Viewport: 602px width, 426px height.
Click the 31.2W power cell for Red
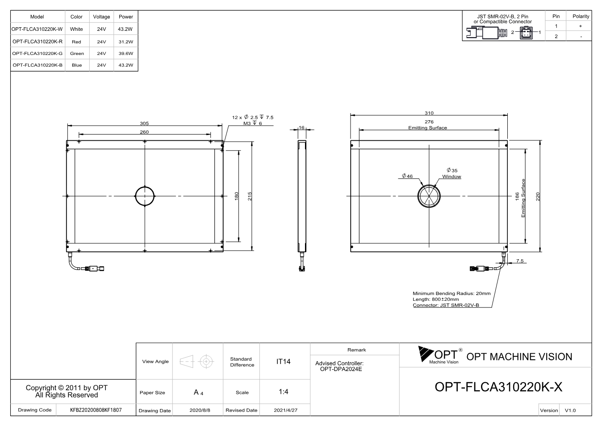[x=126, y=42]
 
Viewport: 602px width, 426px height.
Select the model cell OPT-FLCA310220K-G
[x=38, y=53]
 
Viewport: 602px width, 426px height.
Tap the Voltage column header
[x=101, y=17]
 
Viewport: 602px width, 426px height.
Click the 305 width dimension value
[x=144, y=123]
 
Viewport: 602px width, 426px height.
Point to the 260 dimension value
[x=144, y=132]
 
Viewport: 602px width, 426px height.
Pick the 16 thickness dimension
[x=301, y=127]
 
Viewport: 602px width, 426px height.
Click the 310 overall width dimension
[x=429, y=113]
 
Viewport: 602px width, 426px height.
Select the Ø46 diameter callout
[x=407, y=176]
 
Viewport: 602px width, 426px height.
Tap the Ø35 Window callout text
[x=452, y=173]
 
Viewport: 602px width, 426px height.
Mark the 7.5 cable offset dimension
[x=520, y=261]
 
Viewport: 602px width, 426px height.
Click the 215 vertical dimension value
[x=250, y=196]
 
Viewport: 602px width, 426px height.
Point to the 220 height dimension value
[x=538, y=196]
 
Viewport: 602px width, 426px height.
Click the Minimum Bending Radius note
[x=451, y=293]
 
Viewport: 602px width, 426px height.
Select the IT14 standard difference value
[x=283, y=361]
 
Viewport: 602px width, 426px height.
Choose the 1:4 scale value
[x=283, y=392]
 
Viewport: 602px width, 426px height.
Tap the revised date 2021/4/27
[x=285, y=410]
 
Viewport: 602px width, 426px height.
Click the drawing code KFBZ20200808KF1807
[x=96, y=410]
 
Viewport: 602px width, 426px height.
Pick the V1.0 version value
[x=570, y=410]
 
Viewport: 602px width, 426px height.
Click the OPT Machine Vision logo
[x=440, y=355]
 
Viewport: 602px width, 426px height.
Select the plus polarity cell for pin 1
[x=581, y=26]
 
